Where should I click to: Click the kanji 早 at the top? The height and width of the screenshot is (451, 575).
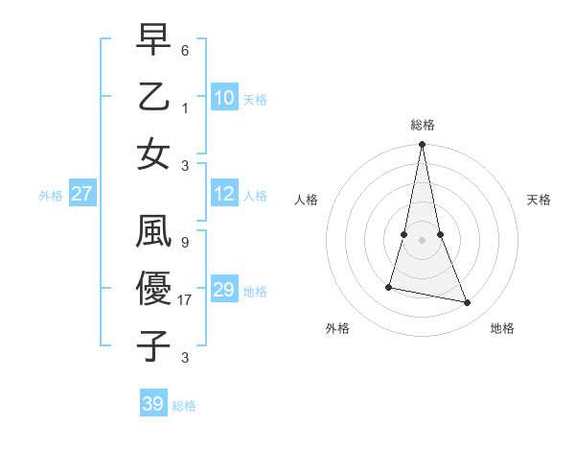pos(153,40)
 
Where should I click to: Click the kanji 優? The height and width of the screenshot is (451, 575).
pos(153,289)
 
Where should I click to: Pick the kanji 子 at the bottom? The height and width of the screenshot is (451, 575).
pos(153,344)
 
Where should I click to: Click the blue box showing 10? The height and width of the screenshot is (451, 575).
pos(223,97)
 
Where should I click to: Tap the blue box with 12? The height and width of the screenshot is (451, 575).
pos(223,194)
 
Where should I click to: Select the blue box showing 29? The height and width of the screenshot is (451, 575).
pos(223,290)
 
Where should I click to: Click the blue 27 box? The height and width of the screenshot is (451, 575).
pos(81,194)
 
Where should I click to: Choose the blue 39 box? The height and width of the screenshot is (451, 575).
pos(152,404)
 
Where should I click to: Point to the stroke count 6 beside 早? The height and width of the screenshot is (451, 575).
pos(185,47)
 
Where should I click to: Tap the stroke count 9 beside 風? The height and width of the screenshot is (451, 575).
pos(185,243)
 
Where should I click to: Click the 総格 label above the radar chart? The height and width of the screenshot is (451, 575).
pos(422,125)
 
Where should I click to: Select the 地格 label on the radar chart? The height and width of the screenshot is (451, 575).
pos(502,328)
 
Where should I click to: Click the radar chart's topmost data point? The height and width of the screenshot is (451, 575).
pos(422,145)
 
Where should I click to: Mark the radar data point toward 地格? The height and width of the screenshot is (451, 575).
pos(468,303)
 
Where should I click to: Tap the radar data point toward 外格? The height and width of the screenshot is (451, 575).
pos(389,286)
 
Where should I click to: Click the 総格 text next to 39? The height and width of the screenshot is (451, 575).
pos(184,406)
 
